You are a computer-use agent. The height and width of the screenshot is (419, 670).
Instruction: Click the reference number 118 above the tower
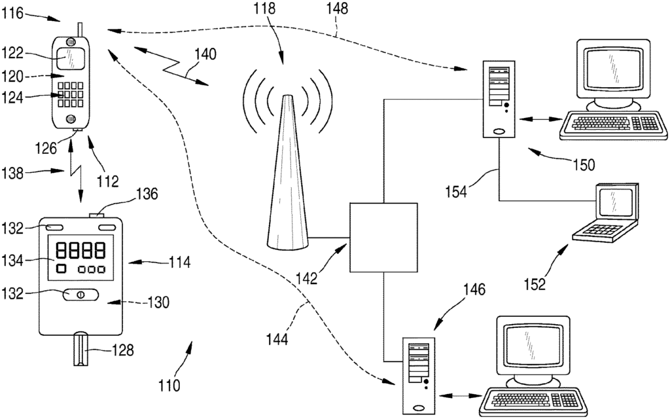(x=265, y=8)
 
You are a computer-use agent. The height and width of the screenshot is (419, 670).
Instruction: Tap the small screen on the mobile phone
(x=71, y=58)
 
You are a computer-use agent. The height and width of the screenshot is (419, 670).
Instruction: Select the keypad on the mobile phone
(x=71, y=94)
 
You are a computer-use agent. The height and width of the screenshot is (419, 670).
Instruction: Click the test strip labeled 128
(x=80, y=348)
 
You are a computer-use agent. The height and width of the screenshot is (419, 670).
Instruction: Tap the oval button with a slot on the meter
(x=80, y=295)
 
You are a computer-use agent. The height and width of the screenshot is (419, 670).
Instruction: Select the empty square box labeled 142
(x=383, y=238)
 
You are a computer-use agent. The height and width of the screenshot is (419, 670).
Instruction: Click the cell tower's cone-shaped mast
(x=287, y=172)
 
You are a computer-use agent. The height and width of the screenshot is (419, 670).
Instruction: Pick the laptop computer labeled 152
(x=607, y=213)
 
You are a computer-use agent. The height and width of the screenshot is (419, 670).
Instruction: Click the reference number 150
(x=583, y=164)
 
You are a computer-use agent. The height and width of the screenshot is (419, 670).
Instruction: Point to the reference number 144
(x=277, y=339)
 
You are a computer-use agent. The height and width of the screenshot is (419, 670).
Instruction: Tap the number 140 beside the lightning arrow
(x=205, y=54)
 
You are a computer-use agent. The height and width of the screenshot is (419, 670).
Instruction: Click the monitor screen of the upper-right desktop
(x=614, y=68)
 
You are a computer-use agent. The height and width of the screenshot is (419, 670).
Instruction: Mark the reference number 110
(x=169, y=386)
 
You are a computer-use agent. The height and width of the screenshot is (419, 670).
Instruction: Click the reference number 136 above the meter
(x=147, y=194)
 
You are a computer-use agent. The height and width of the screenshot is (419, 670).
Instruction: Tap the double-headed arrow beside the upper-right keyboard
(x=540, y=120)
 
